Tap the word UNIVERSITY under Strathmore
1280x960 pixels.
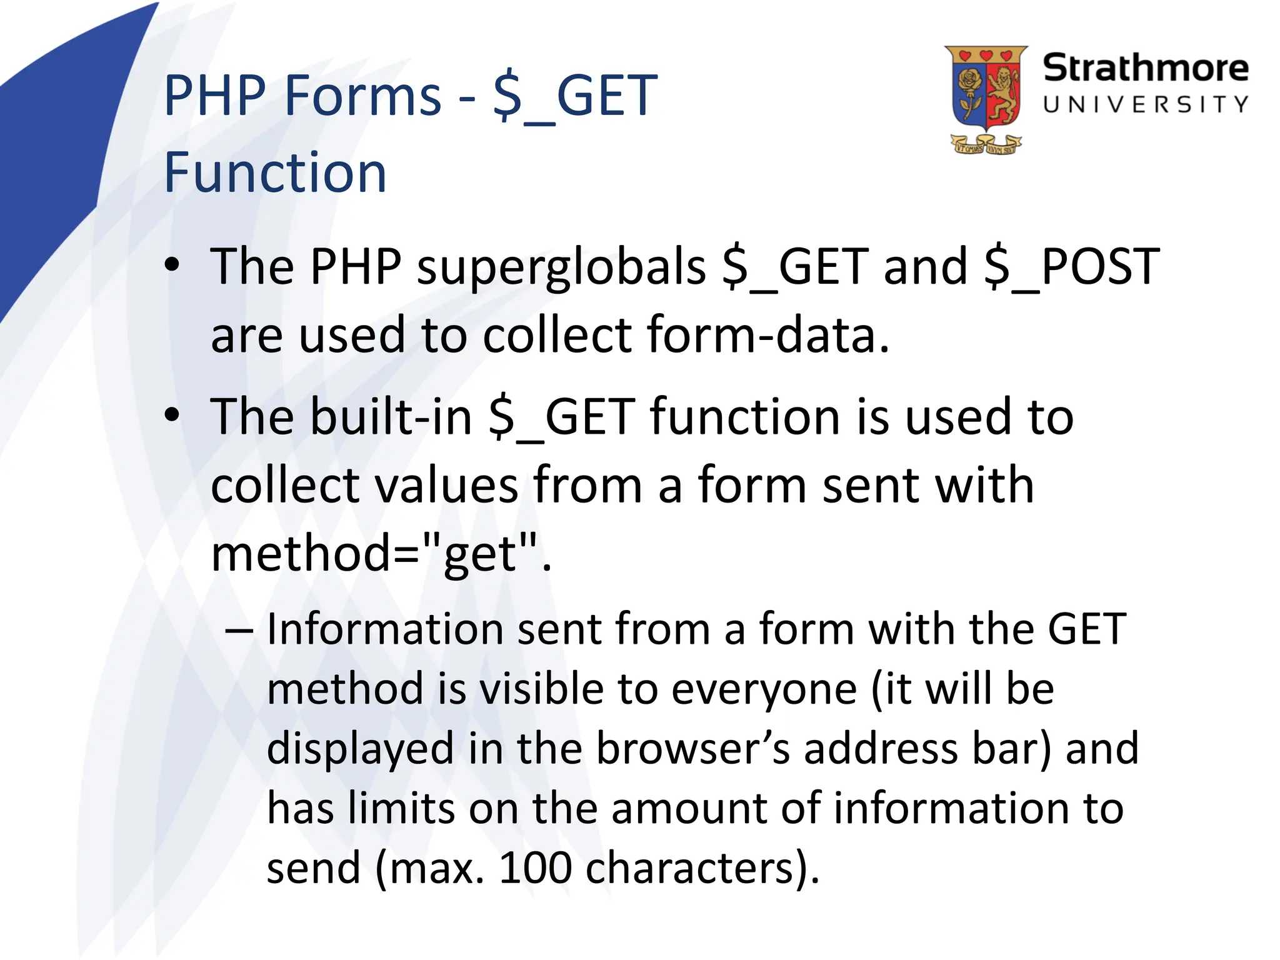(1145, 104)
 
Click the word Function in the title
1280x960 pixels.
(275, 172)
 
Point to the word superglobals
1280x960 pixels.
(561, 267)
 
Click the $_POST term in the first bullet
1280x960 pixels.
(1071, 267)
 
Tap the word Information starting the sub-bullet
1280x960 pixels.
(384, 629)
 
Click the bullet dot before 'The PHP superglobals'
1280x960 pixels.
(172, 265)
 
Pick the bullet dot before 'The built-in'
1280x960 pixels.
(172, 415)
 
